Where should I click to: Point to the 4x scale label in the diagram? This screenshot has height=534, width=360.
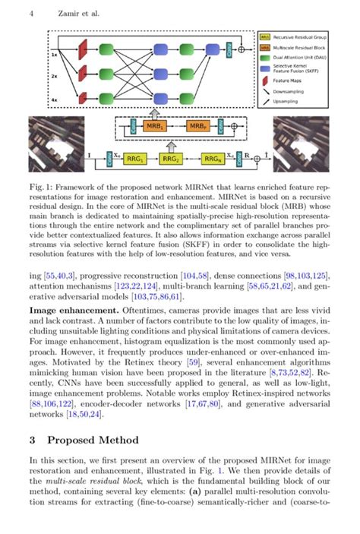[52, 100]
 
